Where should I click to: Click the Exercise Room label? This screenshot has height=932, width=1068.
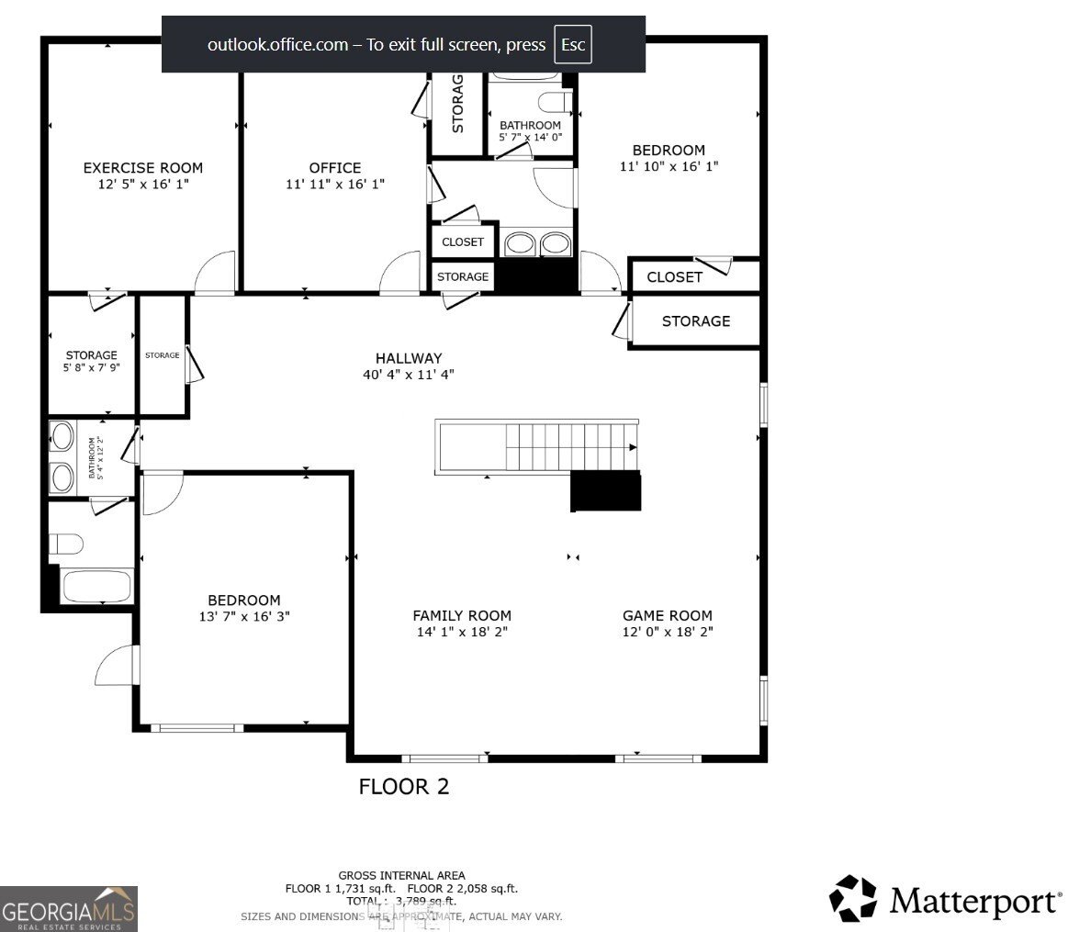coord(142,167)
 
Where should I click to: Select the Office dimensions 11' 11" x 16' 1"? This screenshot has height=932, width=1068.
coord(334,184)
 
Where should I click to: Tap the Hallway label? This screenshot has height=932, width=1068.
coord(408,358)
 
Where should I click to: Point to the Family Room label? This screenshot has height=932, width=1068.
coord(461,615)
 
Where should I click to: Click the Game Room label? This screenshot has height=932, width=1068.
coord(667,615)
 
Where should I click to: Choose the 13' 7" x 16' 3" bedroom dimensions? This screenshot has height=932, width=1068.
coord(243,617)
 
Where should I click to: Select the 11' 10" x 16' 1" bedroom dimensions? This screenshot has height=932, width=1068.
coord(669,167)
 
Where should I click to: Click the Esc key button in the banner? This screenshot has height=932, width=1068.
coord(573,45)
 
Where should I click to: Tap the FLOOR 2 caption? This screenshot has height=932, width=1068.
coord(403,787)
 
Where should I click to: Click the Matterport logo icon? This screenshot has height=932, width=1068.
coord(853,898)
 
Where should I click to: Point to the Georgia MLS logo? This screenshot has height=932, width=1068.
coord(69,908)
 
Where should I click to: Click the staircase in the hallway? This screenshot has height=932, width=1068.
coord(537,447)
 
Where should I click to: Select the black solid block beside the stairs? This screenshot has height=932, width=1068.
coord(605,491)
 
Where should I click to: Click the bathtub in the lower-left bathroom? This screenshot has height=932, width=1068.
coord(96,586)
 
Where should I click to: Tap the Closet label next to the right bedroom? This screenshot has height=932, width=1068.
coord(674,276)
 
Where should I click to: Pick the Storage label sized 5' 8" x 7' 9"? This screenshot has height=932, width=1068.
coord(91,361)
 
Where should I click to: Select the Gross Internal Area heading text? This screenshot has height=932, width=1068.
coord(401,875)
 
